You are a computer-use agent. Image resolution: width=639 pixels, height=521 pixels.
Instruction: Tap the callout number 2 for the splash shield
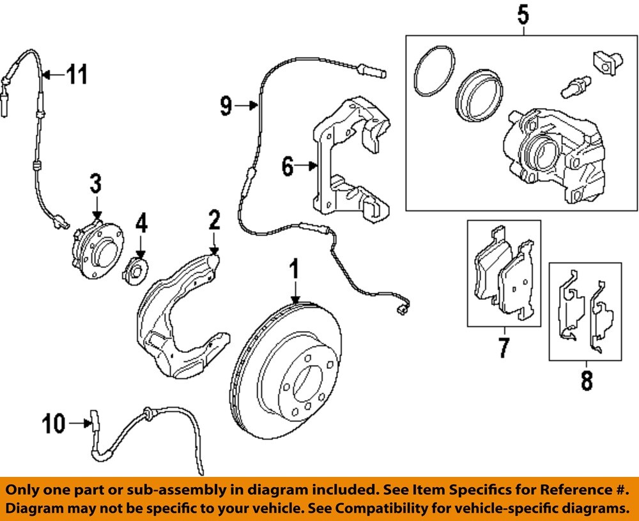pyautogui.click(x=213, y=221)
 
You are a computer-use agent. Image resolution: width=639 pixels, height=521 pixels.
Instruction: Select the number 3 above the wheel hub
pyautogui.click(x=95, y=184)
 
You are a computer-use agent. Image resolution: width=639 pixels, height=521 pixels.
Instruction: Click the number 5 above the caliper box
pyautogui.click(x=523, y=14)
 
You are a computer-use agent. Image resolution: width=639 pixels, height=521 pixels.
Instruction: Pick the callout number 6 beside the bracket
pyautogui.click(x=288, y=167)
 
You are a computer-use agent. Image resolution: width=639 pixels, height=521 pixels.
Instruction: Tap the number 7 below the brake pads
pyautogui.click(x=503, y=348)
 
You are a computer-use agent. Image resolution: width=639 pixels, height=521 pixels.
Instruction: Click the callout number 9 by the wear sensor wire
pyautogui.click(x=226, y=105)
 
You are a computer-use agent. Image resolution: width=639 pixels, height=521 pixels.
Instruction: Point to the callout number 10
pyautogui.click(x=54, y=423)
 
